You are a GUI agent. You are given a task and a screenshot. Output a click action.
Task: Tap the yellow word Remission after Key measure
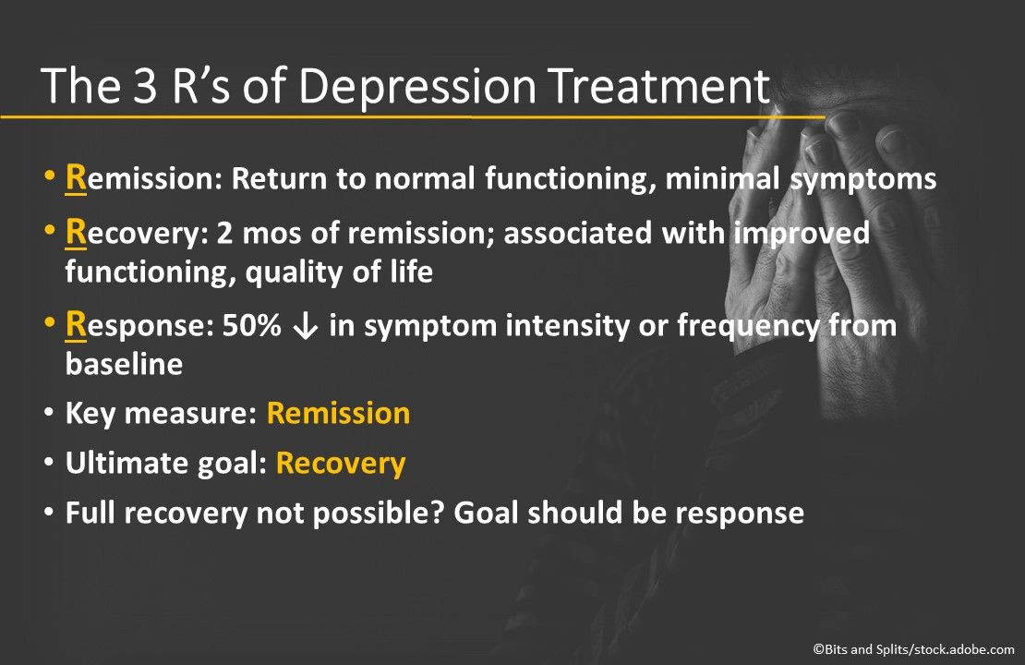[x=338, y=413]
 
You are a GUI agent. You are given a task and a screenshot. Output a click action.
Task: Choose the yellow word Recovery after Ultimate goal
[x=341, y=463]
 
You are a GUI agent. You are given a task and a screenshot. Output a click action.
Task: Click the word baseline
[x=124, y=365]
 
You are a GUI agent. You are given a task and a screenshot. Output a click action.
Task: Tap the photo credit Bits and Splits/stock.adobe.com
[x=913, y=650]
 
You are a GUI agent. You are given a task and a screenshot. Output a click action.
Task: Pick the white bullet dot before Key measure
[x=48, y=413]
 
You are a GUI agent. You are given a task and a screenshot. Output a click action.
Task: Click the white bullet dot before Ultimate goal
[x=48, y=463]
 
